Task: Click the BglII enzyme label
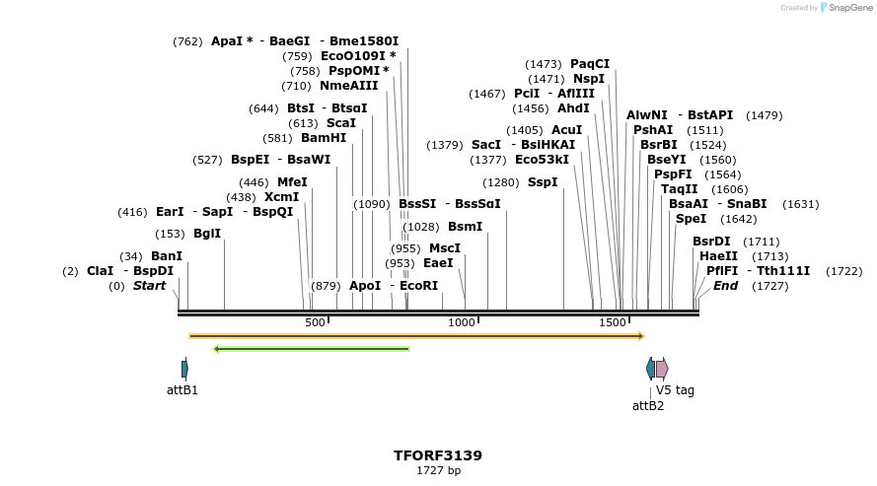(x=207, y=234)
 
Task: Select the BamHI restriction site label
(x=324, y=138)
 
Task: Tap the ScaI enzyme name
(x=340, y=123)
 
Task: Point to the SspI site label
(x=543, y=182)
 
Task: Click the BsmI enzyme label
(x=466, y=227)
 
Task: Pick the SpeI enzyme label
(x=691, y=219)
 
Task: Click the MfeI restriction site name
(x=292, y=182)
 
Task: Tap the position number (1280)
(x=500, y=182)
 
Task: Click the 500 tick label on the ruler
(x=315, y=323)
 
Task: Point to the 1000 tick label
(x=462, y=323)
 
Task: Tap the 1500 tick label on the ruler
(x=613, y=323)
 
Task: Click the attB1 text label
(x=183, y=390)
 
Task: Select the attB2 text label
(x=648, y=405)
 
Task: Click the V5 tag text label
(x=675, y=390)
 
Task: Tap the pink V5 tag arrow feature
(x=662, y=369)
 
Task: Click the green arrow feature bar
(x=311, y=348)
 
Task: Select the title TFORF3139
(x=438, y=455)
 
